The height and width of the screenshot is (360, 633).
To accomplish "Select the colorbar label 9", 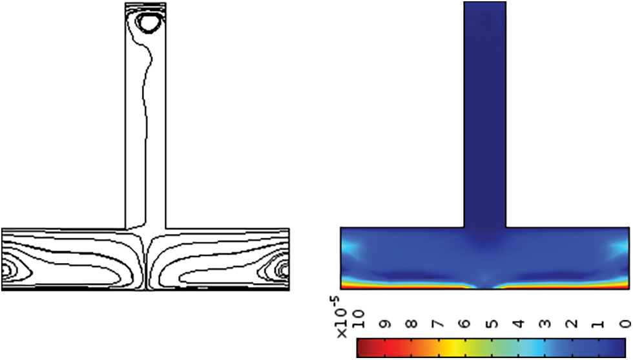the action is click(385, 324).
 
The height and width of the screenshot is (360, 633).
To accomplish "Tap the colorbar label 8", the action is click(412, 324).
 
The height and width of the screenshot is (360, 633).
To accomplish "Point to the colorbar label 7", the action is click(439, 324).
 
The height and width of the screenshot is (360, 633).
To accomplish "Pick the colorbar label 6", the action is click(466, 324).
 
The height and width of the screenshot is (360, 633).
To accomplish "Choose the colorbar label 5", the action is click(492, 324).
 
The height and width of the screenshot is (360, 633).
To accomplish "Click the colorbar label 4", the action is click(519, 324).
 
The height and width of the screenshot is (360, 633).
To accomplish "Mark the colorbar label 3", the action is click(546, 324).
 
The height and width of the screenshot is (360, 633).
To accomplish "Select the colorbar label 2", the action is click(572, 324).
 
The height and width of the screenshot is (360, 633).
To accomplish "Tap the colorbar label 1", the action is click(599, 324).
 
